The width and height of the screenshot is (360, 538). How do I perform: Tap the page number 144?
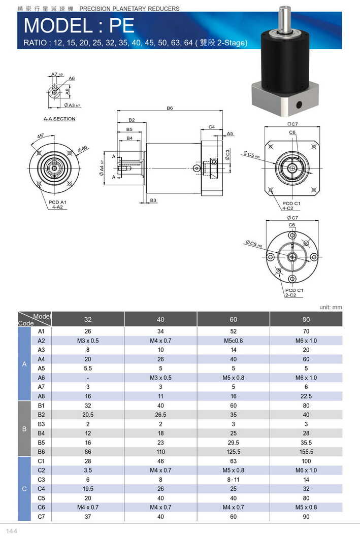12,530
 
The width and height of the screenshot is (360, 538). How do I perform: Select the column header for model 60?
233,319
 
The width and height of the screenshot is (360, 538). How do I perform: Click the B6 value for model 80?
306,452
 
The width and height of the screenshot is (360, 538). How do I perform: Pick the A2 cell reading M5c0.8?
233,341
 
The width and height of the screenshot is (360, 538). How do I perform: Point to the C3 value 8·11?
233,480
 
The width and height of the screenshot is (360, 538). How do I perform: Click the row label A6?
42,378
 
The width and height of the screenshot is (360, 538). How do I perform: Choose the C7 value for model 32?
88,517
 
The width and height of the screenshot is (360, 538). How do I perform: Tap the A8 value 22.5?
306,396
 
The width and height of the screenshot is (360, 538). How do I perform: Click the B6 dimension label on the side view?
170,108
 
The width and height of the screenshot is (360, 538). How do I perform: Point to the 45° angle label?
40,136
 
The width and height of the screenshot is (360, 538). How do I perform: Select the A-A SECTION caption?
59,119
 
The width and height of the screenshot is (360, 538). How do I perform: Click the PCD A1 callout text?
57,202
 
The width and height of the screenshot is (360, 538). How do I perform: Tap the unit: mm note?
331,307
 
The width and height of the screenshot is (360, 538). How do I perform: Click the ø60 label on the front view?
83,148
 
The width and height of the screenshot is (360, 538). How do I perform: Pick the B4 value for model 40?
160,433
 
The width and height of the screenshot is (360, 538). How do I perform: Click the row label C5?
42,498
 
